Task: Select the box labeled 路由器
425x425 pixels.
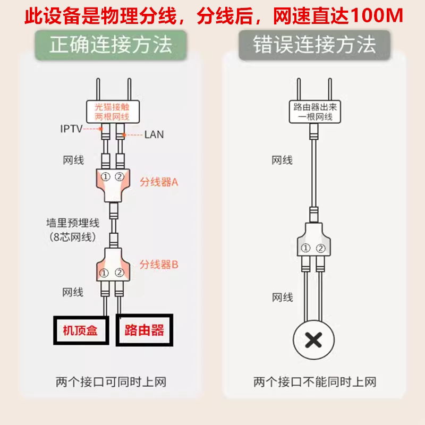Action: pos(144,330)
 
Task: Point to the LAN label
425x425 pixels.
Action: pos(154,135)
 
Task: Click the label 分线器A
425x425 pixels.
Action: pos(158,182)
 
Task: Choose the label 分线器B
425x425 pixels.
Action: pos(158,264)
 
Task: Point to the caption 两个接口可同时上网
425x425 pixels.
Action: pos(114,382)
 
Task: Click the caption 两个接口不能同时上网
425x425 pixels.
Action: pos(315,382)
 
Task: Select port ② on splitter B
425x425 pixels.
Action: pos(119,273)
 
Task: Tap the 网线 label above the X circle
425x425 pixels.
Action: pos(282,297)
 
